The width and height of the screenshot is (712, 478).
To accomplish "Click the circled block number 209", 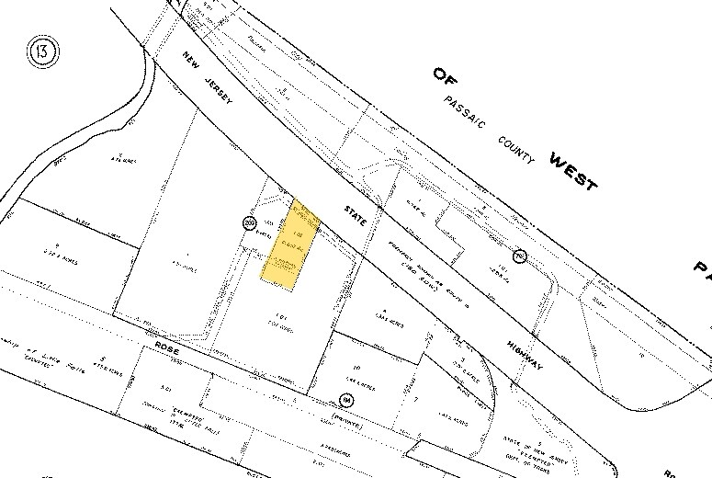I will click(249, 223).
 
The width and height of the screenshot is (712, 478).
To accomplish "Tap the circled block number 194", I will click(345, 401).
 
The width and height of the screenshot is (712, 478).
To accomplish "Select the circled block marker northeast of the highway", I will click(519, 256).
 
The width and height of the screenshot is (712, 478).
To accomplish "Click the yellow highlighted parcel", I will click(291, 245).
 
